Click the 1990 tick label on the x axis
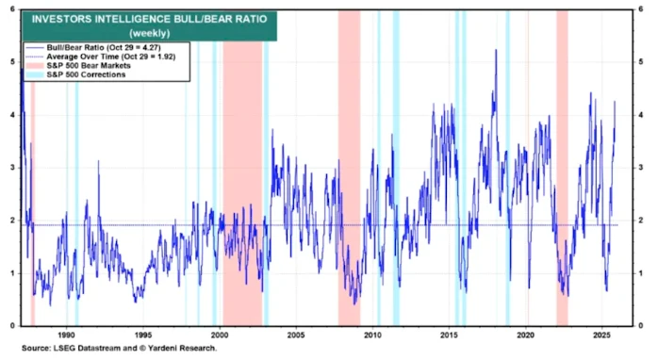pos(66,334)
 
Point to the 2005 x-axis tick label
pos(295,334)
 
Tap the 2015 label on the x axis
pos(449,334)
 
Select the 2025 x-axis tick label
pos(601,334)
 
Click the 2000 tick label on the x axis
pos(219,334)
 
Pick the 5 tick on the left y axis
pos(10,61)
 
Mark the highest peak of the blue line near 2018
pos(495,64)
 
